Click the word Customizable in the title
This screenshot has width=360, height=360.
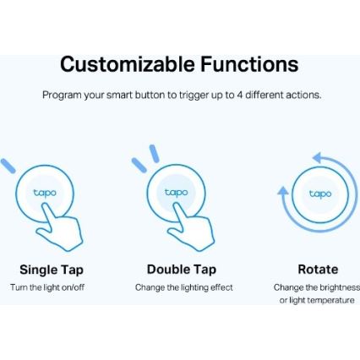click(x=127, y=64)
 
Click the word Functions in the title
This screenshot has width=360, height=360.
click(x=249, y=64)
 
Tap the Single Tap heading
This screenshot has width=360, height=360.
click(x=52, y=270)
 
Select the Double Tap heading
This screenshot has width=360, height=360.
click(x=181, y=270)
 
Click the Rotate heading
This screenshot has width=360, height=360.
click(x=318, y=270)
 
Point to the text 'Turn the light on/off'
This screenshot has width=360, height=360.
click(x=47, y=287)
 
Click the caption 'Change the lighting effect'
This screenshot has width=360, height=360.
click(x=183, y=287)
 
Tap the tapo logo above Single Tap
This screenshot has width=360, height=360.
click(x=44, y=193)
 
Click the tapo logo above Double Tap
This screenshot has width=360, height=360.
click(x=176, y=193)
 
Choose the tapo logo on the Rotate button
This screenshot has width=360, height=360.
click(x=319, y=194)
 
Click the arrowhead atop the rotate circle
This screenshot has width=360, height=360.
click(x=317, y=158)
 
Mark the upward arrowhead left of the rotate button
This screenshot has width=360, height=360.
click(x=283, y=191)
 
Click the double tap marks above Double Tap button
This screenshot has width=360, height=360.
click(x=145, y=159)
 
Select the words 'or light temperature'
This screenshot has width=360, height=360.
click(x=318, y=300)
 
